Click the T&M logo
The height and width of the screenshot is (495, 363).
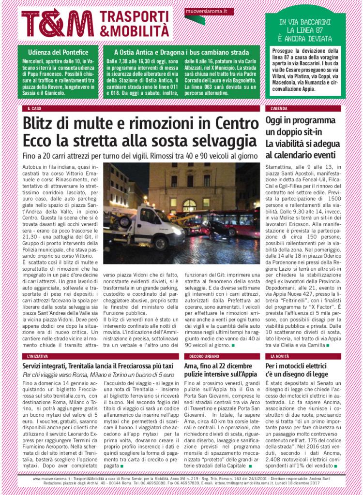coord(57,23)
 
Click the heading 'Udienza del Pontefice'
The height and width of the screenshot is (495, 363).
coord(58,52)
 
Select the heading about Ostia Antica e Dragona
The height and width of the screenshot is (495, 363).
coord(181,52)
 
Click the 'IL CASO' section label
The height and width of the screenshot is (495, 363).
coord(34,109)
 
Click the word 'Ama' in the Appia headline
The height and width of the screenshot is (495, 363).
coord(191,367)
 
